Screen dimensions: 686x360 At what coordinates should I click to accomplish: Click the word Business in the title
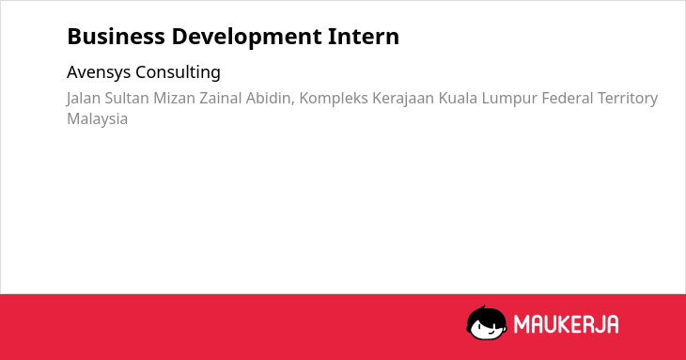tap(116, 37)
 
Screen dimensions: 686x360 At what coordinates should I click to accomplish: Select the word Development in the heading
tap(246, 38)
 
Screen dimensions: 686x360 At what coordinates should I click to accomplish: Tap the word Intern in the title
tap(363, 37)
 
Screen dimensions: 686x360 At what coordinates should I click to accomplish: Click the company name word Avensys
tap(99, 72)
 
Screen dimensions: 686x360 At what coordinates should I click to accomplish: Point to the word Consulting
tap(178, 72)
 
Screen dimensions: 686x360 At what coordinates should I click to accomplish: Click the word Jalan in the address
tap(83, 99)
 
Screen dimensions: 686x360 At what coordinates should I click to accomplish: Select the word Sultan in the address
tap(127, 98)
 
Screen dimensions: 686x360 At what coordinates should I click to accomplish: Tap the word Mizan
tap(174, 98)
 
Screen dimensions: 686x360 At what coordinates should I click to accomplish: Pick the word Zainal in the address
tap(220, 98)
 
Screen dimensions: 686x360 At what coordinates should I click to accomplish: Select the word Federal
tap(567, 98)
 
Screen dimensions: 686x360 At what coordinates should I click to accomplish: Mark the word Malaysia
tap(97, 119)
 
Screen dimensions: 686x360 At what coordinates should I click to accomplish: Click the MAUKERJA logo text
tap(566, 324)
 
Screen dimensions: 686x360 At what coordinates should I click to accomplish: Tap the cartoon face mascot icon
tap(487, 322)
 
